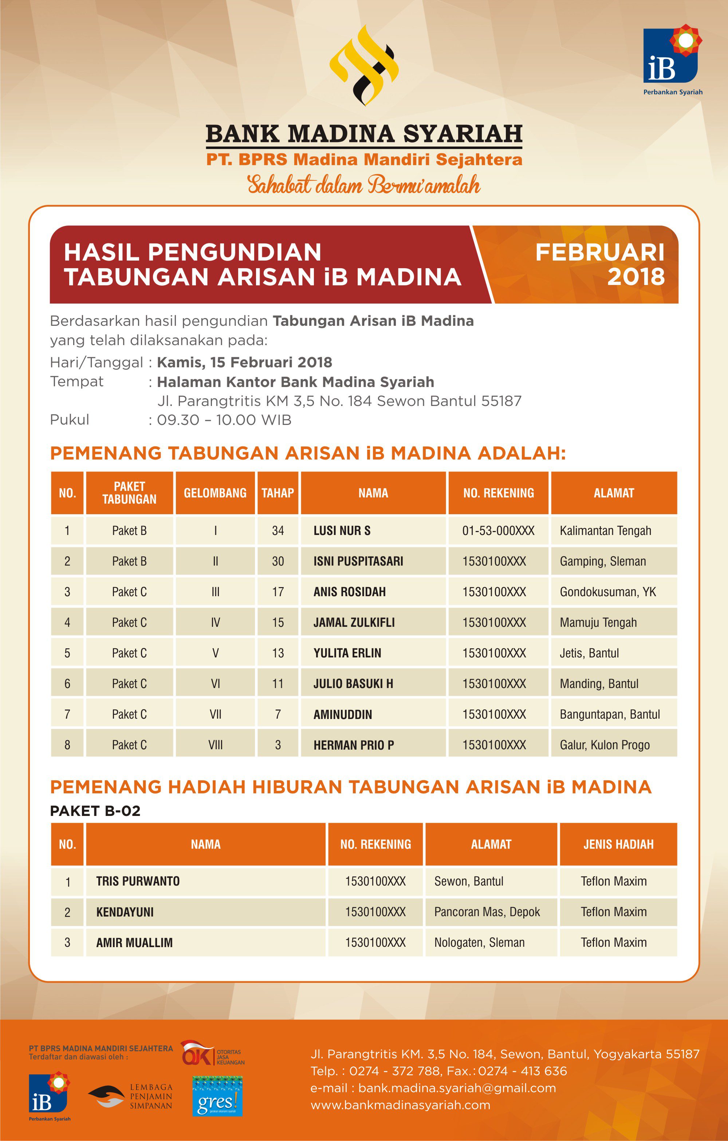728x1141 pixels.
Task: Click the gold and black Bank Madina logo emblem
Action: (364, 65)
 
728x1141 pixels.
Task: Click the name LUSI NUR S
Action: (342, 531)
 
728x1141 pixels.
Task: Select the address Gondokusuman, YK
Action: (608, 592)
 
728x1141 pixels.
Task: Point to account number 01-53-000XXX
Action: (498, 531)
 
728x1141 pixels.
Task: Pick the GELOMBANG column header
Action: (215, 493)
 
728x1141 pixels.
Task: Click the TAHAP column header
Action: (278, 493)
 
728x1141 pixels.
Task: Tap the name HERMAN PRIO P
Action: (353, 745)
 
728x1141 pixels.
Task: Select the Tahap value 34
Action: (278, 531)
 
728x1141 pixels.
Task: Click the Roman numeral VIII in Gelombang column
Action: (215, 745)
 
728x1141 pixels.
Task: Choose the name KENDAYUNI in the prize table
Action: (125, 912)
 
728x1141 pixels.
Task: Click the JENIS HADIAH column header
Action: (618, 844)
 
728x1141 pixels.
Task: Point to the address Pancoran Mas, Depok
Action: (487, 912)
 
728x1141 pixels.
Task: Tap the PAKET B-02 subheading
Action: (95, 811)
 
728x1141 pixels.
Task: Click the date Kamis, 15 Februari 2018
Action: (244, 363)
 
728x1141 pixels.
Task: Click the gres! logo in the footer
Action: (217, 1096)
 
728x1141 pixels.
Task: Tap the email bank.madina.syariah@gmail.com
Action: (457, 1088)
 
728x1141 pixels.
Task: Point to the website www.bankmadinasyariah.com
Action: (400, 1105)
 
